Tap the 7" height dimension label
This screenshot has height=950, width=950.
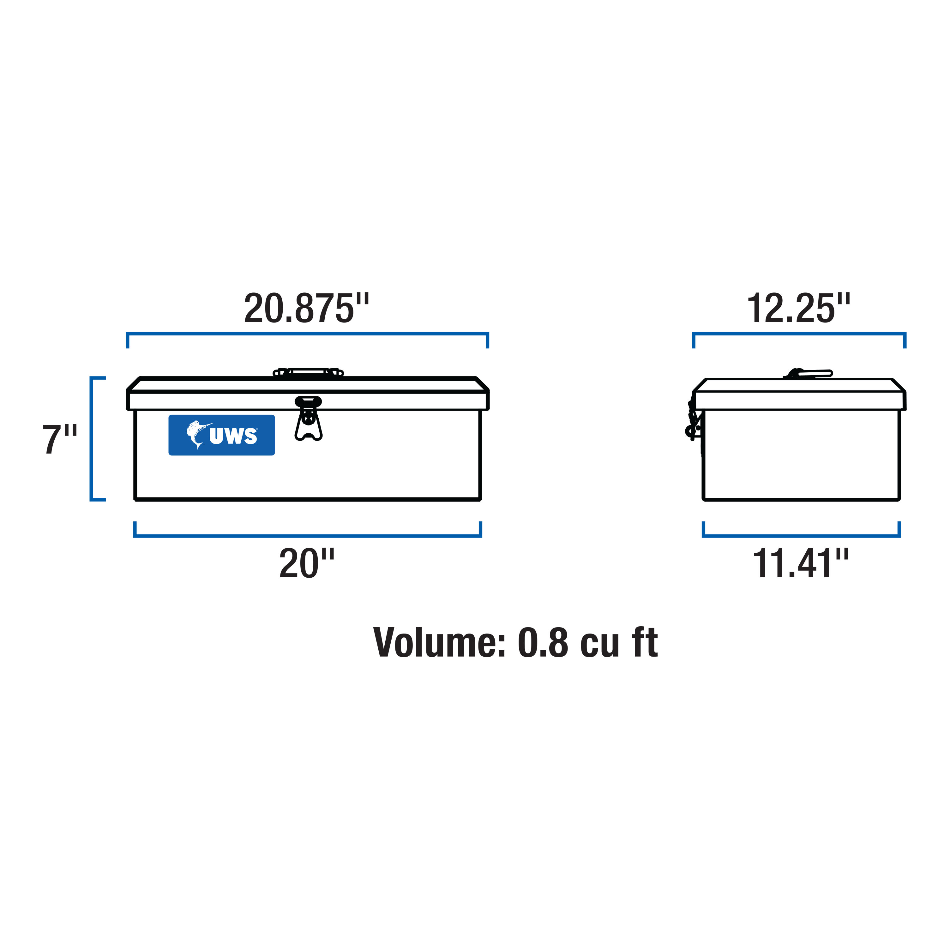(x=59, y=439)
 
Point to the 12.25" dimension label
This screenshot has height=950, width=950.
(x=798, y=308)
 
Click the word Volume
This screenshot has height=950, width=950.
(x=439, y=643)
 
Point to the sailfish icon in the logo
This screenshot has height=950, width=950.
(x=198, y=434)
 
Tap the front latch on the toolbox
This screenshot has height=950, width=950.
(x=308, y=418)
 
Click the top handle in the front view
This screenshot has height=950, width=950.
(x=308, y=372)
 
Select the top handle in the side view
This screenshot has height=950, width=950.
(x=811, y=374)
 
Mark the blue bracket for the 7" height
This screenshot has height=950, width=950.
(x=92, y=439)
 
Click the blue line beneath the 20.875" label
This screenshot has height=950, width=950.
(x=307, y=334)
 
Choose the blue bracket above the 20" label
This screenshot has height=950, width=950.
(x=307, y=536)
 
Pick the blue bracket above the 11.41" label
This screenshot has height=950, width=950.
(x=801, y=536)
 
